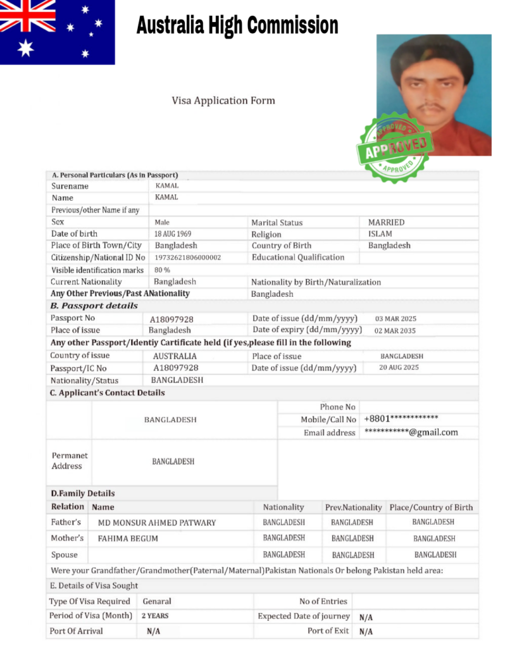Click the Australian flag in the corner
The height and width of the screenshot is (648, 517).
pyautogui.click(x=57, y=32)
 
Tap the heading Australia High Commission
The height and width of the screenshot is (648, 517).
pyautogui.click(x=237, y=26)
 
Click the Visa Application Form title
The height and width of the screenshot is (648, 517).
pyautogui.click(x=223, y=101)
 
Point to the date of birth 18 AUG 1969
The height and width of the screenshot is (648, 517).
pyautogui.click(x=173, y=234)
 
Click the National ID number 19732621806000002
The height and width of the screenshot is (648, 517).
pyautogui.click(x=188, y=258)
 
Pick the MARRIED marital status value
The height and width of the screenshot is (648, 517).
pyautogui.click(x=386, y=223)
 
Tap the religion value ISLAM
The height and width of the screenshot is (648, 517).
pyautogui.click(x=380, y=234)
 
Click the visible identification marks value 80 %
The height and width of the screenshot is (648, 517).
pyautogui.click(x=162, y=270)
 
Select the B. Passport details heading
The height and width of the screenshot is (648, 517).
pyautogui.click(x=94, y=306)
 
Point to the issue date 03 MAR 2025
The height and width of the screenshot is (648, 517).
pyautogui.click(x=396, y=319)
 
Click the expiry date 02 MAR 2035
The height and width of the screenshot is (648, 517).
pyautogui.click(x=396, y=330)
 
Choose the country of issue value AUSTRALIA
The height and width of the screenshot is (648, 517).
pyautogui.click(x=175, y=356)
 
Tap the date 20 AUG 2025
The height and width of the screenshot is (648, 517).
pyautogui.click(x=399, y=367)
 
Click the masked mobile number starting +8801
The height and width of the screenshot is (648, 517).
pyautogui.click(x=401, y=419)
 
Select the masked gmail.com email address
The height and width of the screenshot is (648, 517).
pyautogui.click(x=411, y=432)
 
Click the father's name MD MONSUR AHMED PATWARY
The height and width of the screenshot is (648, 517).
pyautogui.click(x=156, y=523)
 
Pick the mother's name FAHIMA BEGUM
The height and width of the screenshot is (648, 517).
pyautogui.click(x=128, y=539)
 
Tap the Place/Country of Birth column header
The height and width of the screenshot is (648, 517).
pyautogui.click(x=431, y=508)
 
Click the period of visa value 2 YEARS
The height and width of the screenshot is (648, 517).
pyautogui.click(x=154, y=616)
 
